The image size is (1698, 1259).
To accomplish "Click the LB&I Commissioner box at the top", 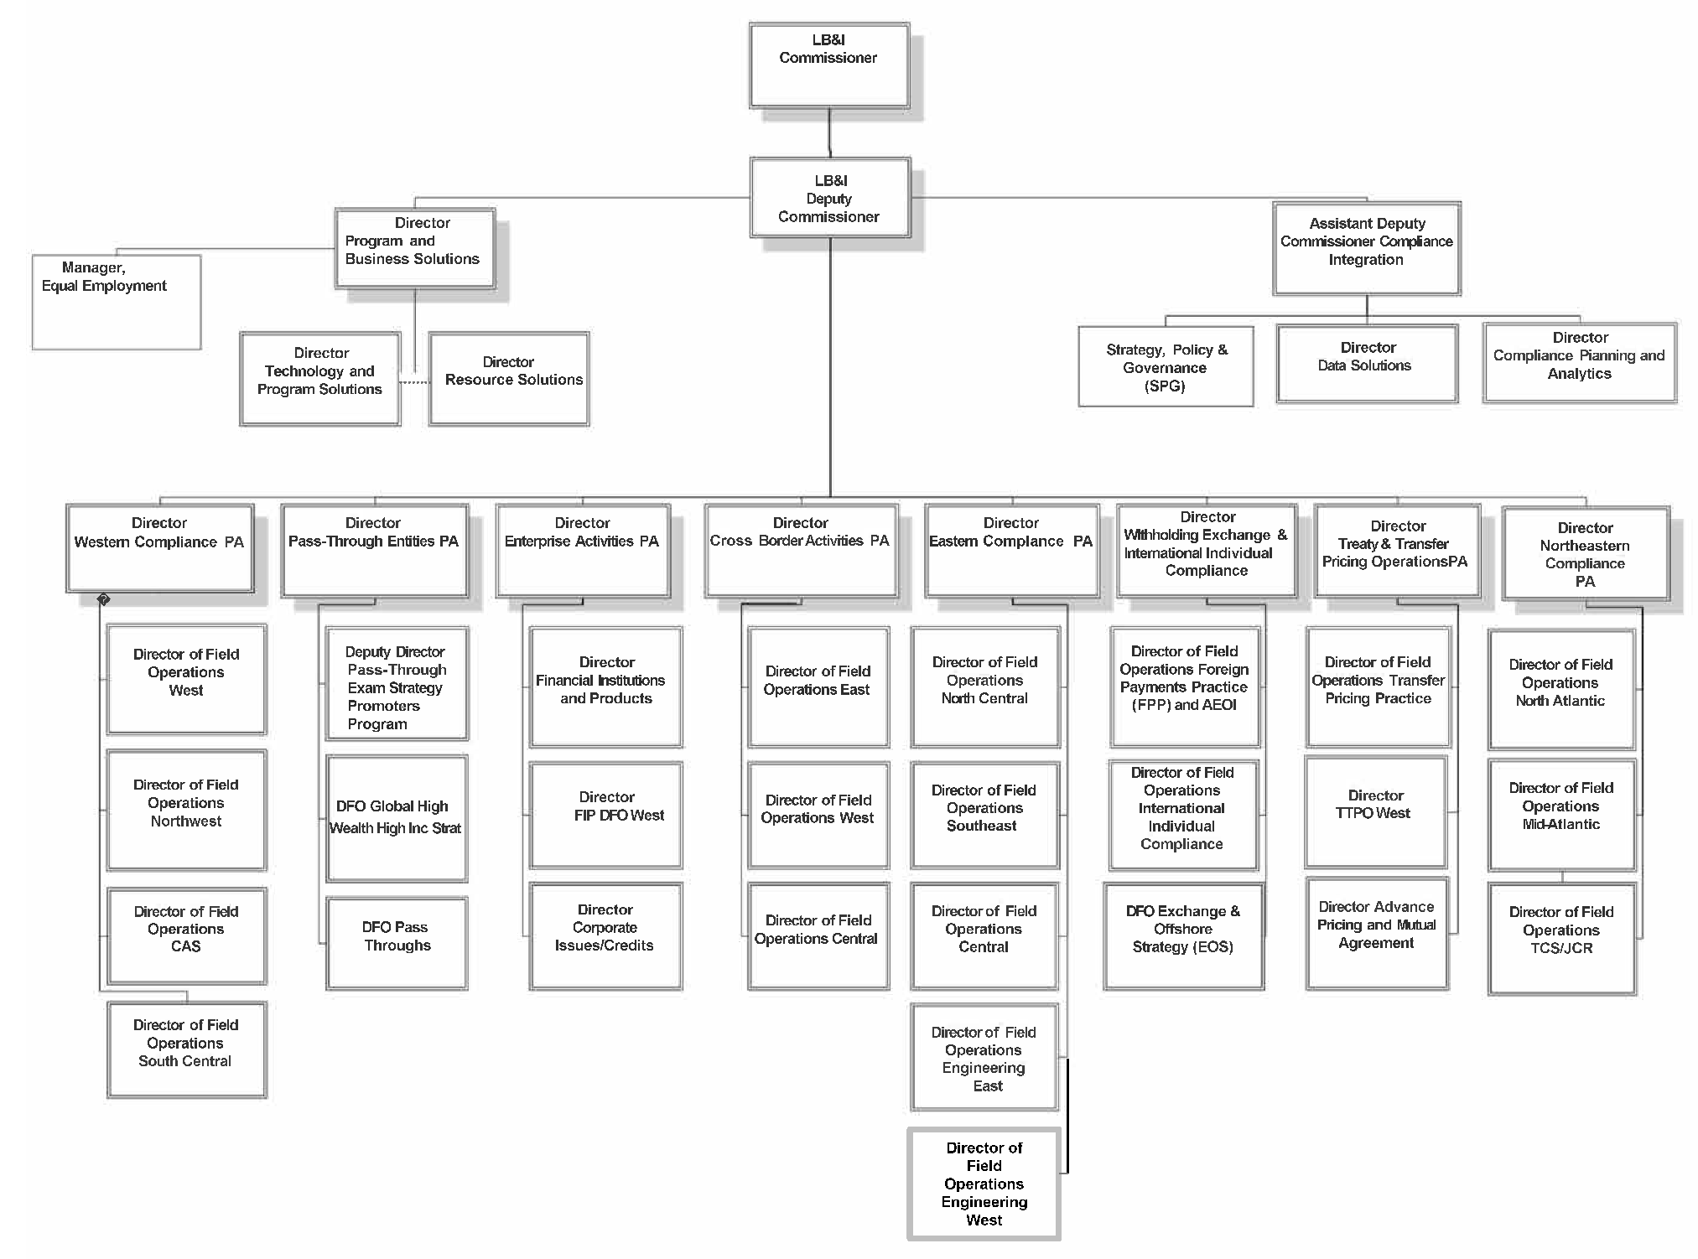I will [828, 65].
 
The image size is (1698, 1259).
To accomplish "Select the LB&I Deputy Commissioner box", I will [829, 199].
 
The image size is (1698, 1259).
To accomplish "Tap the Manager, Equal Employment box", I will [116, 302].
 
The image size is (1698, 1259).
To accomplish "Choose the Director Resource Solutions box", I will [509, 379].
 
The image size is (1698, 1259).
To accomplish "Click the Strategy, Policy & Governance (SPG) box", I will [1166, 367].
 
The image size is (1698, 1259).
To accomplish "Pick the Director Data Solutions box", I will [1367, 364].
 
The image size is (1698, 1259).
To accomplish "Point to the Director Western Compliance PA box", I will [159, 548].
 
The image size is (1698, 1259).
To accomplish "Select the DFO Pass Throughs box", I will [397, 943].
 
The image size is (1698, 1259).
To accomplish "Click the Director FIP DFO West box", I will [606, 815].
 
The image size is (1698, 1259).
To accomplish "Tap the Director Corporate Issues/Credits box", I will [605, 935].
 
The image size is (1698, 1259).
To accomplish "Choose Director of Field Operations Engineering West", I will [984, 1184].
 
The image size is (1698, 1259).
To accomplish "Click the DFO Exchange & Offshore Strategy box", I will [1183, 936].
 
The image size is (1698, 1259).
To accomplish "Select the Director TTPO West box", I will [1375, 811].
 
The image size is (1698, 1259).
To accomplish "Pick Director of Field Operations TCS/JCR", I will [1561, 938].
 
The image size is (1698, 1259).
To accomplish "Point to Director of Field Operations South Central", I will [186, 1049].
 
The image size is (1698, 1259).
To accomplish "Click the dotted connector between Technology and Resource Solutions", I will [414, 382].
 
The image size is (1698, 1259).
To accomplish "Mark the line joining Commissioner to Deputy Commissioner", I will [829, 132].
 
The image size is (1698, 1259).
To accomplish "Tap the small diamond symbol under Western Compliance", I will [103, 600].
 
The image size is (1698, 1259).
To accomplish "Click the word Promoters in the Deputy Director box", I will [384, 706].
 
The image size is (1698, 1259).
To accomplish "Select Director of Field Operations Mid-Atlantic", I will [1561, 814].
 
